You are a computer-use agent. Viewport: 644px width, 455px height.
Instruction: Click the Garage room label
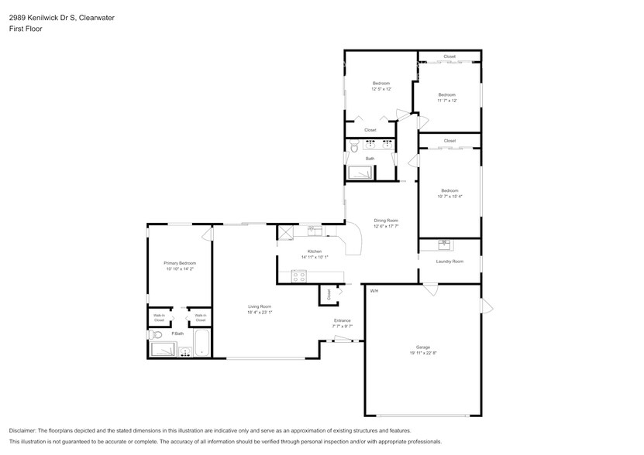coord(422,347)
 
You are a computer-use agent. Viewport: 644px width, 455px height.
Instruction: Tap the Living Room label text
coord(259,306)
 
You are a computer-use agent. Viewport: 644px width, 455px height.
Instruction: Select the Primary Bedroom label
coord(179,263)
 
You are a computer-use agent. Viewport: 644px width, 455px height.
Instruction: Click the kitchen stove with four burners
coord(298,276)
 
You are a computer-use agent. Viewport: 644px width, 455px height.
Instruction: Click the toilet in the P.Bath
coord(156,335)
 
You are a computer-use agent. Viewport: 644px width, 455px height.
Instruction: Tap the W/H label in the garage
coord(374,291)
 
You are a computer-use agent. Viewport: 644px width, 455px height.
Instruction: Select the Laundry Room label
coord(449,262)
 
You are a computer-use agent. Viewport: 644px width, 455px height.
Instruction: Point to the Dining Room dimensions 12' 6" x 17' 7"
coord(385,227)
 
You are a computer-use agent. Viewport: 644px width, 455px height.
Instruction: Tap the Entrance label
coord(342,320)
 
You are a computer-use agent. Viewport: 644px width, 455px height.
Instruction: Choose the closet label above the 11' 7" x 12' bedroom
coord(449,56)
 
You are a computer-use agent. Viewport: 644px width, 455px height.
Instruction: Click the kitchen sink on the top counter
coord(314,230)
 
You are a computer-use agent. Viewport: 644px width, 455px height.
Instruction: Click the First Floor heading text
coord(26,29)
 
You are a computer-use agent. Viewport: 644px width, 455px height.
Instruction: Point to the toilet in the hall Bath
coord(353,145)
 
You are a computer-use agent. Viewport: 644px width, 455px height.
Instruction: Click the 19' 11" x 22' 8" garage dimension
coord(422,354)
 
